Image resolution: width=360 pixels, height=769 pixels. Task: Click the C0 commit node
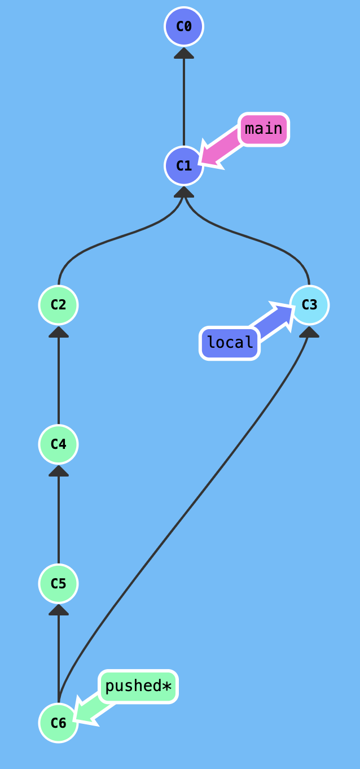pos(184,27)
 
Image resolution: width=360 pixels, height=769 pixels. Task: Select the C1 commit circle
pos(184,165)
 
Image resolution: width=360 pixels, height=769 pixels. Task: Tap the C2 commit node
pos(58,305)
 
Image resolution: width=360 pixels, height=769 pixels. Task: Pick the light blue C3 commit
pos(309,305)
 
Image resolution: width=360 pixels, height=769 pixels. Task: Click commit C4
pos(58,444)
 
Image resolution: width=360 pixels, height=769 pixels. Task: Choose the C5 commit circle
pos(58,583)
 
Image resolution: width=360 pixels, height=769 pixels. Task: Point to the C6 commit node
pos(58,723)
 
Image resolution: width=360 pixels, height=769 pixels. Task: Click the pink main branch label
pos(264,129)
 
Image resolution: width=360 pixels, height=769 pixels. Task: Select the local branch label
pos(230,343)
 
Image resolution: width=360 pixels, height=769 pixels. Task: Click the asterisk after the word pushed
pos(166,687)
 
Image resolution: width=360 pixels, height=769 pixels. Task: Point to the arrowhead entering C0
pos(184,53)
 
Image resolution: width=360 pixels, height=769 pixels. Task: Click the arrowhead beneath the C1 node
pos(184,192)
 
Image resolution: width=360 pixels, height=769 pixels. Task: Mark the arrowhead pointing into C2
pos(58,331)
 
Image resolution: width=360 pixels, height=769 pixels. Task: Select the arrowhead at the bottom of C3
pos(309,331)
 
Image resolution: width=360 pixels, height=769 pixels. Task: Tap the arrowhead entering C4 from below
pos(58,471)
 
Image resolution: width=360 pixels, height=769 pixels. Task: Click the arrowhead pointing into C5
pos(58,610)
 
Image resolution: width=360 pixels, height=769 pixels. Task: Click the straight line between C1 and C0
pos(184,102)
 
